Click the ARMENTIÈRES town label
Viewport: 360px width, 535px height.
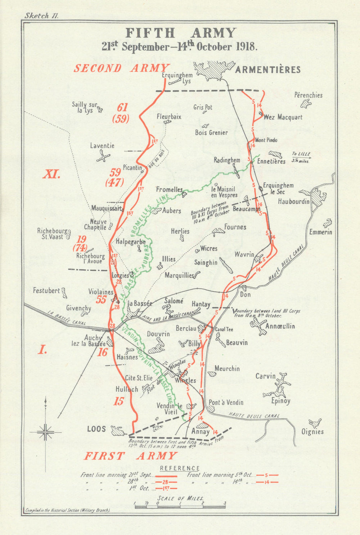pos(268,69)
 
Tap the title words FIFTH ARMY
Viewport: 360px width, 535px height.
pos(181,33)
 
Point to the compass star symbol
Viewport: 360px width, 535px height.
pos(45,432)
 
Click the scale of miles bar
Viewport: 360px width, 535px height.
pos(180,507)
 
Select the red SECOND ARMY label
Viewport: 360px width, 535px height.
pos(122,68)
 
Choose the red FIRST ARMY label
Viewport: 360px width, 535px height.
pos(131,456)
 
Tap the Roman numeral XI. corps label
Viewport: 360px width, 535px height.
pos(51,174)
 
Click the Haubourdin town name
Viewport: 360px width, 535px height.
pos(293,201)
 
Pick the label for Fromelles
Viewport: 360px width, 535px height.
pos(169,189)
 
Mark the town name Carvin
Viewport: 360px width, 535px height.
pos(265,376)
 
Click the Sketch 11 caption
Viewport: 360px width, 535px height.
pos(41,15)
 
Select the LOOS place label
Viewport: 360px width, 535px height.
pos(96,429)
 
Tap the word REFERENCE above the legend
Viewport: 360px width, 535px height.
pos(180,468)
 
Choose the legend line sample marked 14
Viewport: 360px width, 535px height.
pos(267,482)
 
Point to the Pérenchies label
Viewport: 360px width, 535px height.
pos(308,95)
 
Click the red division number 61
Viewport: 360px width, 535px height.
pos(122,107)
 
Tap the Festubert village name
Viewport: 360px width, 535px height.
pos(46,290)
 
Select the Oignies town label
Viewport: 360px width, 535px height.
pos(312,432)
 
